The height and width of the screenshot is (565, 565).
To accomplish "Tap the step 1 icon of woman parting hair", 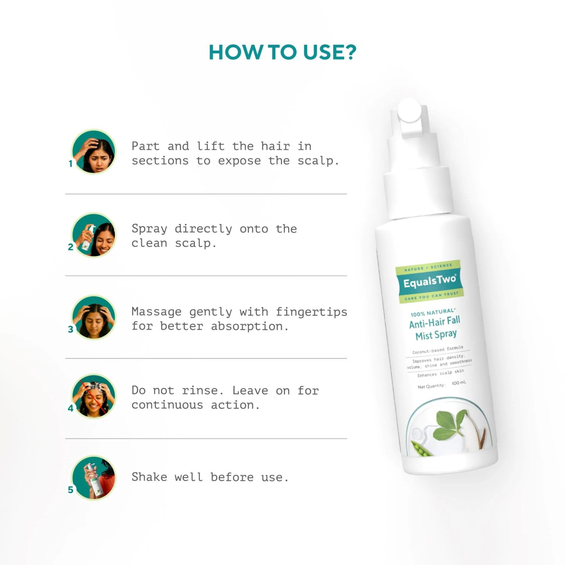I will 94,152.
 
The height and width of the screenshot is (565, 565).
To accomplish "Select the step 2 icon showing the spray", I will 94,235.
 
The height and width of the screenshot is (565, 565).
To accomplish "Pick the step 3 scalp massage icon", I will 94,318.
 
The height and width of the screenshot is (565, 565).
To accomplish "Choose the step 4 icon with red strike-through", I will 94,396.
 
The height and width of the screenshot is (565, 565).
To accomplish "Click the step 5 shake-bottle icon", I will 94,478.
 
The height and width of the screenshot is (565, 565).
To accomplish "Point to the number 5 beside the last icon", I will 70,490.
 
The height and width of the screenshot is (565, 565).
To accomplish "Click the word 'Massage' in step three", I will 156,312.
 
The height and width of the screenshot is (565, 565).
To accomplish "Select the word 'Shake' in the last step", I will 149,477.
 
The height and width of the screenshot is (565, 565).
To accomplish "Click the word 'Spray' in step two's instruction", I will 149,229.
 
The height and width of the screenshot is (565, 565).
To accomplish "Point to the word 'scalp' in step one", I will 318,161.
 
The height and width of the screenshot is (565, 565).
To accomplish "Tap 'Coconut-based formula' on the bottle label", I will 438,350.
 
